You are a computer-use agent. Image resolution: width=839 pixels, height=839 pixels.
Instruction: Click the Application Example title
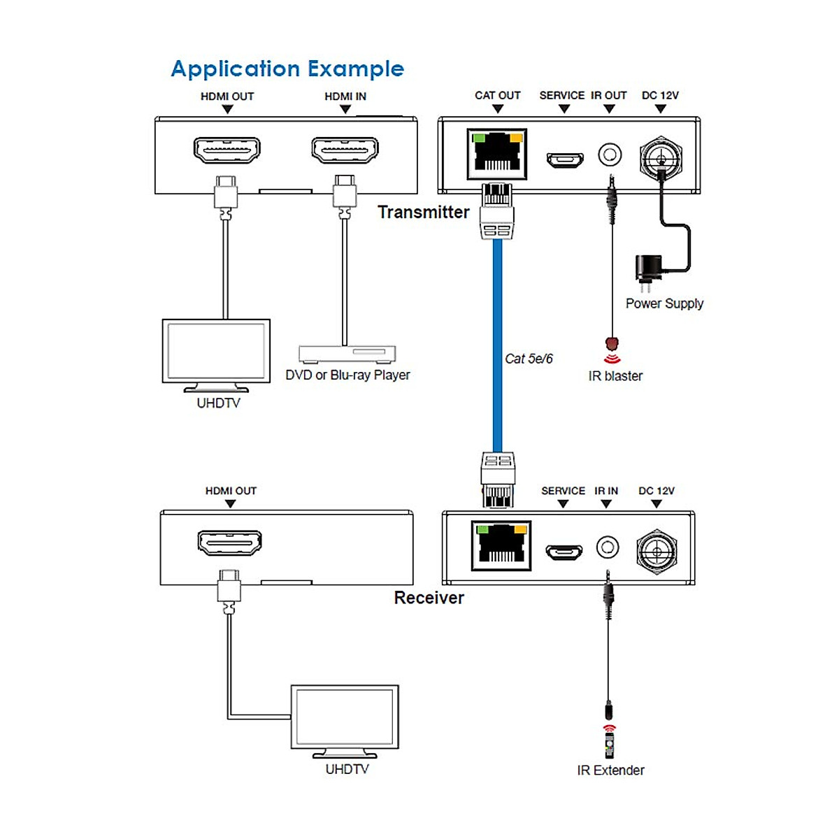click(x=287, y=69)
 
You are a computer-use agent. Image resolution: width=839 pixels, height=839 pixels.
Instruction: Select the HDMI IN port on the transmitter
click(x=345, y=150)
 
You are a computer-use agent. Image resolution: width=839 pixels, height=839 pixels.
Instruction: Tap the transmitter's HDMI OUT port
click(x=227, y=150)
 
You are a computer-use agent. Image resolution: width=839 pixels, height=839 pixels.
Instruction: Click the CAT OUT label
click(x=497, y=95)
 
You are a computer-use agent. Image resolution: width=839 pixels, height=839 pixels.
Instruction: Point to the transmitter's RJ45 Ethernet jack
click(x=498, y=152)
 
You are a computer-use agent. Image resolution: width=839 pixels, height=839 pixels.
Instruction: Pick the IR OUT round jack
click(x=610, y=154)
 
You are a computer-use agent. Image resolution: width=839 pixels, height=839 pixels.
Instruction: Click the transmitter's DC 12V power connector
click(x=660, y=157)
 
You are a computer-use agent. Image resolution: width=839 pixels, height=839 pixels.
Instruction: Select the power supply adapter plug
click(x=647, y=271)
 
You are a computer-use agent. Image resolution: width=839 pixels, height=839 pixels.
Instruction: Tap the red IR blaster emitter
click(x=612, y=345)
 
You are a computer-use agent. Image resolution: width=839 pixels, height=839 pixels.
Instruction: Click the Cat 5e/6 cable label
click(x=529, y=359)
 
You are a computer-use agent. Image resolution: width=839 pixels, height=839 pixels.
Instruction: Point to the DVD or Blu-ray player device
click(x=347, y=353)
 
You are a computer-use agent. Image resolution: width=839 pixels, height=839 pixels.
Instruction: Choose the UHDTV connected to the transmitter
click(x=216, y=353)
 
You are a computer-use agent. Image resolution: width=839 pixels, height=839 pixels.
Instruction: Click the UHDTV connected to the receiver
click(x=345, y=719)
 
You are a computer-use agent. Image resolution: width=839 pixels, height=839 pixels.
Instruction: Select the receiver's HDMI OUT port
click(x=230, y=543)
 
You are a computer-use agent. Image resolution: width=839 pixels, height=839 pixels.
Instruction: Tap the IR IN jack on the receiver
click(x=608, y=547)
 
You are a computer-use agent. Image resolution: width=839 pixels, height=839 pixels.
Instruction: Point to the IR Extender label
click(x=610, y=770)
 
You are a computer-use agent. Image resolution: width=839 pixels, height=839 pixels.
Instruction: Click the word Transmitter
click(x=423, y=212)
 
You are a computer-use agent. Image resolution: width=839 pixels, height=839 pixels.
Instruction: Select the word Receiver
click(x=429, y=598)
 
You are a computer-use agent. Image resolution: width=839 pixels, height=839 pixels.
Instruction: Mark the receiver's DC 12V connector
click(x=657, y=550)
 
